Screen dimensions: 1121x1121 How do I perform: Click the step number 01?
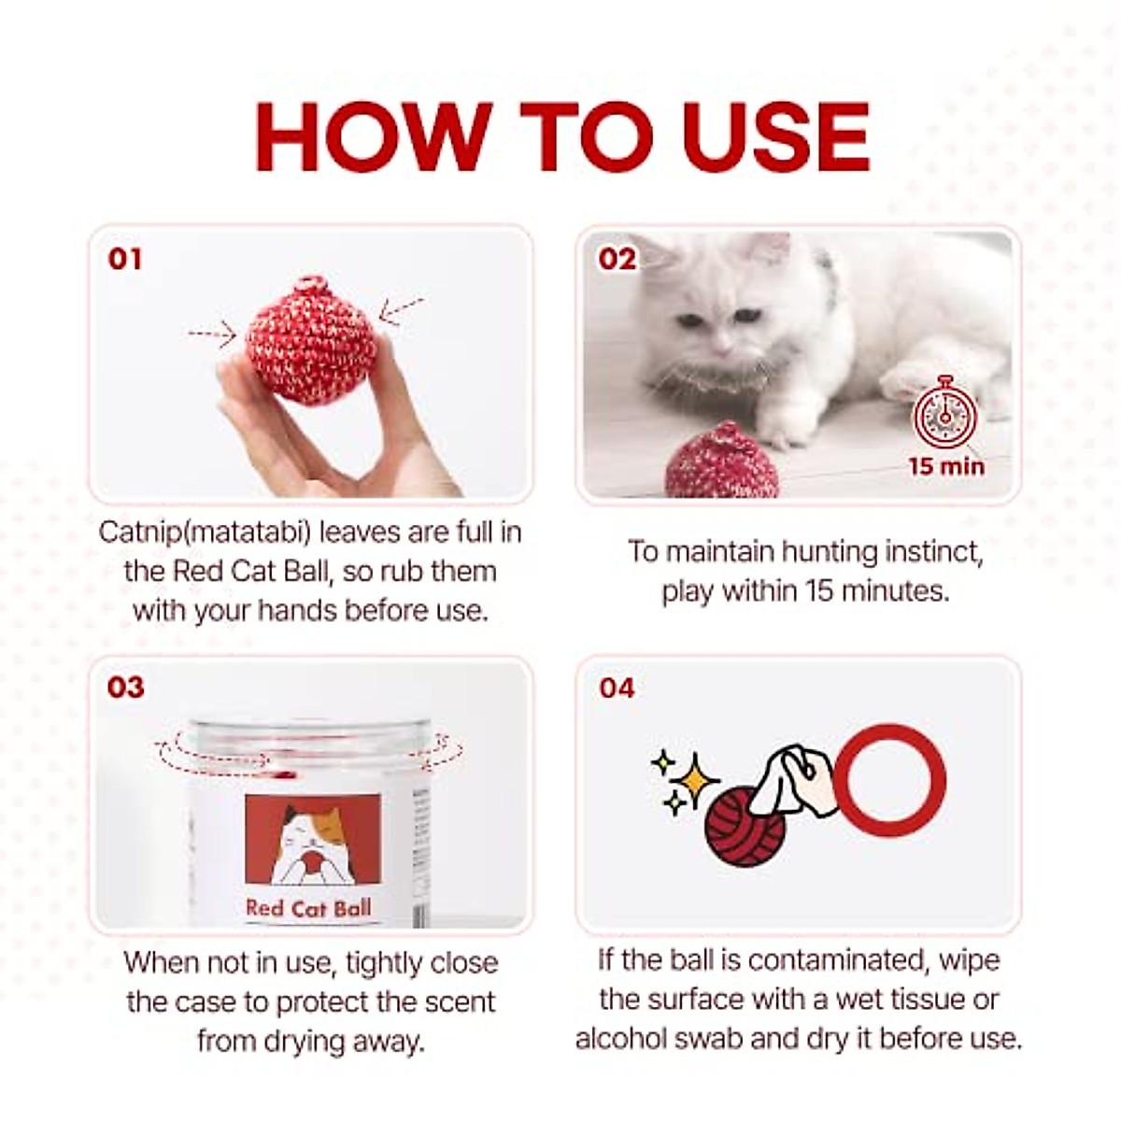point(125,259)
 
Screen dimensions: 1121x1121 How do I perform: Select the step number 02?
point(617,259)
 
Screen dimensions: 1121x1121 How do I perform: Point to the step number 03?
point(125,688)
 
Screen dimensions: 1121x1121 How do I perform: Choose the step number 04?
point(617,688)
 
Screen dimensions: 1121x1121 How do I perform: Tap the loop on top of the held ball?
point(308,285)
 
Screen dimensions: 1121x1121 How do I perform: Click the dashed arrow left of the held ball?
point(211,333)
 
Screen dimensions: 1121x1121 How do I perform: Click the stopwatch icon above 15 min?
point(945,415)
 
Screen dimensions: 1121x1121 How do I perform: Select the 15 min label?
point(946,464)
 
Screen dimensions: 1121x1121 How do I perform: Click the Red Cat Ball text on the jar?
point(308,907)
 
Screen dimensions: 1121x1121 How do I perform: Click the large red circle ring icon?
point(889,781)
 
